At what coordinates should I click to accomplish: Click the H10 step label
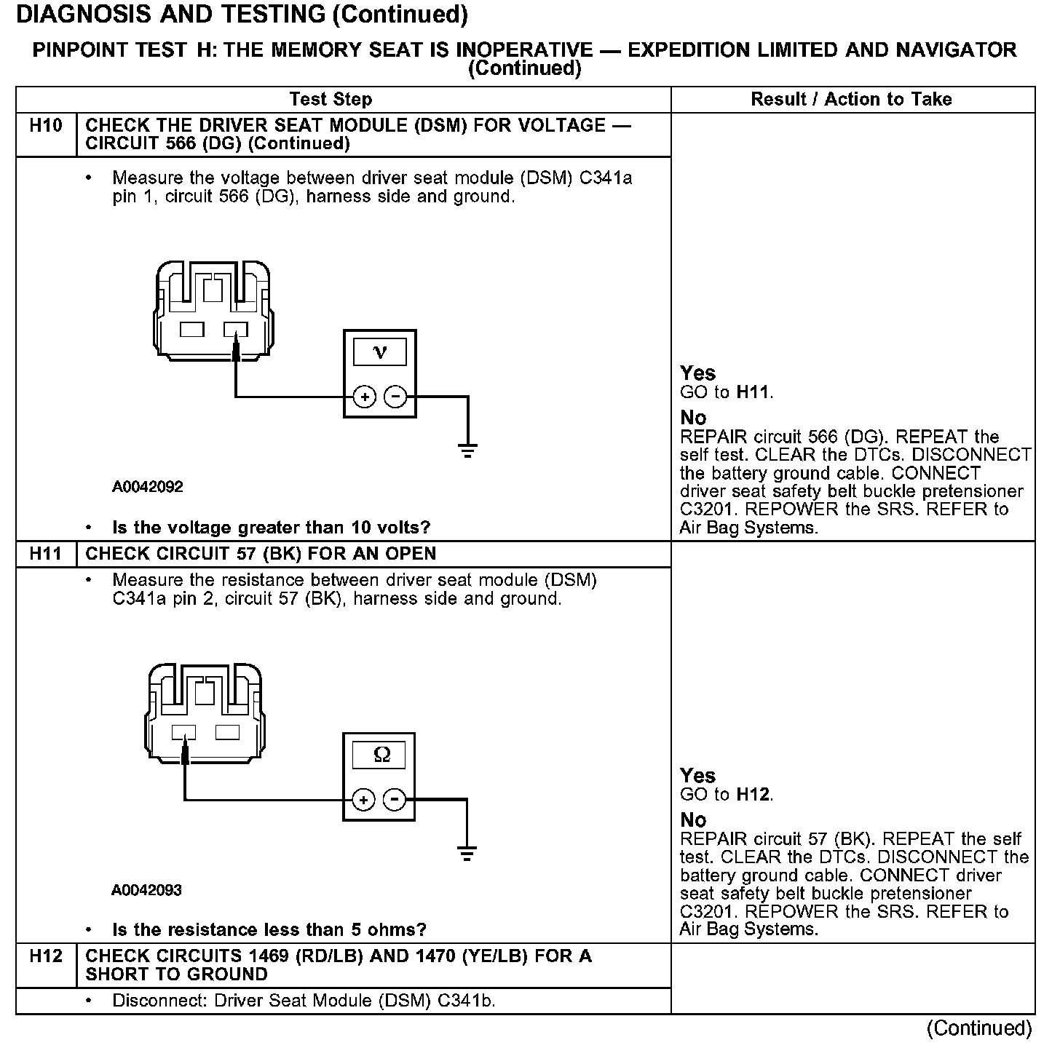click(x=45, y=126)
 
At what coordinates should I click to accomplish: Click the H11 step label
click(x=45, y=554)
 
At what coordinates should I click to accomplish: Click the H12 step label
click(x=45, y=956)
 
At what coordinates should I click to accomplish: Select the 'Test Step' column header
click(x=331, y=100)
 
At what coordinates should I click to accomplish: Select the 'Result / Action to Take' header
click(x=851, y=100)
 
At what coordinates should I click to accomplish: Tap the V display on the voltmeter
click(x=379, y=353)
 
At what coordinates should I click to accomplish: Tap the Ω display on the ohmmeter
click(x=379, y=755)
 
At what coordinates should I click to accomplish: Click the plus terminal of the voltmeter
click(x=364, y=397)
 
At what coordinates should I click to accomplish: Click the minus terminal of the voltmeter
click(x=395, y=397)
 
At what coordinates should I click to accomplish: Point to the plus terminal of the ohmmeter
click(x=363, y=800)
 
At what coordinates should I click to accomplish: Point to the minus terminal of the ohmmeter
click(x=395, y=800)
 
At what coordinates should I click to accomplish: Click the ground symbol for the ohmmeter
click(x=467, y=853)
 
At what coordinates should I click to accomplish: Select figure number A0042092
click(x=148, y=487)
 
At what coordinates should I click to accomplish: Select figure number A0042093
click(x=146, y=890)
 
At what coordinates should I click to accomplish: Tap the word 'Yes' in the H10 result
click(x=697, y=374)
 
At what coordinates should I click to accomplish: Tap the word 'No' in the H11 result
click(x=693, y=820)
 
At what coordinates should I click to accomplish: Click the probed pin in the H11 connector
click(x=184, y=732)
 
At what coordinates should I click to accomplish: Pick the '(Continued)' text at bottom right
click(x=978, y=1028)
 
